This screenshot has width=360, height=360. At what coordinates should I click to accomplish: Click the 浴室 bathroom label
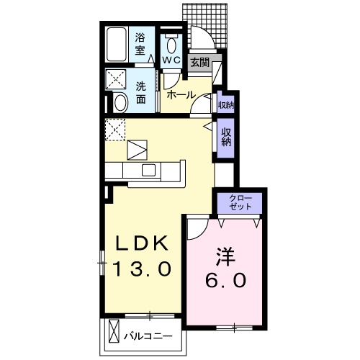click(x=140, y=45)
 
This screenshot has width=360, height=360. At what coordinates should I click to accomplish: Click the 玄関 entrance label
click(x=200, y=63)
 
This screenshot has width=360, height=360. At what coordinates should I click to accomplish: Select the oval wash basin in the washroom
click(x=121, y=103)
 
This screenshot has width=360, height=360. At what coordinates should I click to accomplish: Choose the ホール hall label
click(x=179, y=94)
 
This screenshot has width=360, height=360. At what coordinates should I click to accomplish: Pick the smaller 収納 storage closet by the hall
click(x=225, y=105)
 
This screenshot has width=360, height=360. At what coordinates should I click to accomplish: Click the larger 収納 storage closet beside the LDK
click(x=226, y=137)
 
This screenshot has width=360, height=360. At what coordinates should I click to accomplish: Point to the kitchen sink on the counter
click(x=149, y=170)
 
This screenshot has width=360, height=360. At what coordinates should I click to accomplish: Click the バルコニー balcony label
click(x=152, y=335)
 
